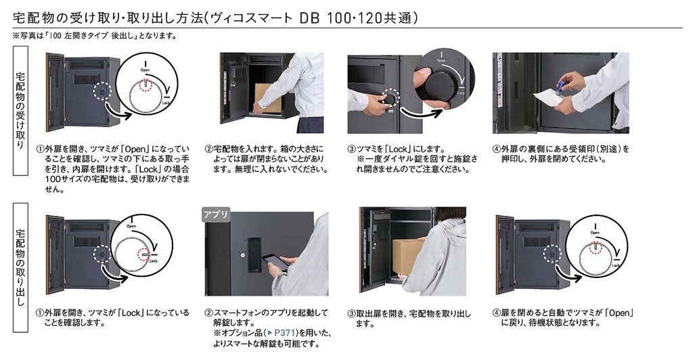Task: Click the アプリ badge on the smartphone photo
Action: (216, 215)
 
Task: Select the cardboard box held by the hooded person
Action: (407, 257)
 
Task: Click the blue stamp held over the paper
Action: (562, 87)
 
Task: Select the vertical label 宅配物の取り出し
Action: (20, 267)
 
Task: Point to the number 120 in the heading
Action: (370, 18)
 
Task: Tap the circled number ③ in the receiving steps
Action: (351, 150)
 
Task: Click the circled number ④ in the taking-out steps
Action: (496, 313)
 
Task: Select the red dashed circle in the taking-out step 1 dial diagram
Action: (144, 254)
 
